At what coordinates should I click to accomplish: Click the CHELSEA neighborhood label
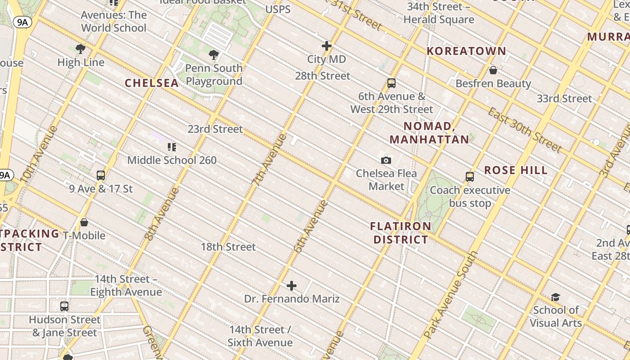click(x=152, y=83)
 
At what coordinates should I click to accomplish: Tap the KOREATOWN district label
click(x=466, y=51)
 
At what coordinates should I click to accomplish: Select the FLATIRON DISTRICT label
click(x=400, y=233)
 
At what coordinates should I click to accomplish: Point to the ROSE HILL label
click(x=516, y=171)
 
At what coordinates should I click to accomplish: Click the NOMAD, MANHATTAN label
click(x=429, y=133)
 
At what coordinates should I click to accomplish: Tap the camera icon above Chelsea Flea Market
click(x=386, y=160)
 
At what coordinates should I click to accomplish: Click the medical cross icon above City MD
click(x=327, y=46)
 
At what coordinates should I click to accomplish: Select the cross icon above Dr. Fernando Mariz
click(x=292, y=286)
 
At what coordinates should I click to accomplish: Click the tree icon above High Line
click(x=81, y=49)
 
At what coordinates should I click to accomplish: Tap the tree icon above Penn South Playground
click(x=214, y=55)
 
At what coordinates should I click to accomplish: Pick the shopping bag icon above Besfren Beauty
click(x=493, y=70)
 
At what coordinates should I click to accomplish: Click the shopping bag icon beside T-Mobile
click(x=84, y=222)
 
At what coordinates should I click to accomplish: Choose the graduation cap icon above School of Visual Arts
click(x=555, y=297)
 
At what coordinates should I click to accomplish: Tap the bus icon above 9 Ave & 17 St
click(x=101, y=175)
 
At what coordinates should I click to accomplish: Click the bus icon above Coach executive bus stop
click(x=470, y=177)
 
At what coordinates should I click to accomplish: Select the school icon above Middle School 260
click(x=171, y=147)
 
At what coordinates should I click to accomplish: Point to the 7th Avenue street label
click(x=269, y=160)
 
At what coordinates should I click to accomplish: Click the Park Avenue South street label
click(x=450, y=295)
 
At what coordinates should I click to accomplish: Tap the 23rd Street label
click(x=215, y=130)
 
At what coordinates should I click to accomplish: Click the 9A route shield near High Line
click(x=22, y=22)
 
